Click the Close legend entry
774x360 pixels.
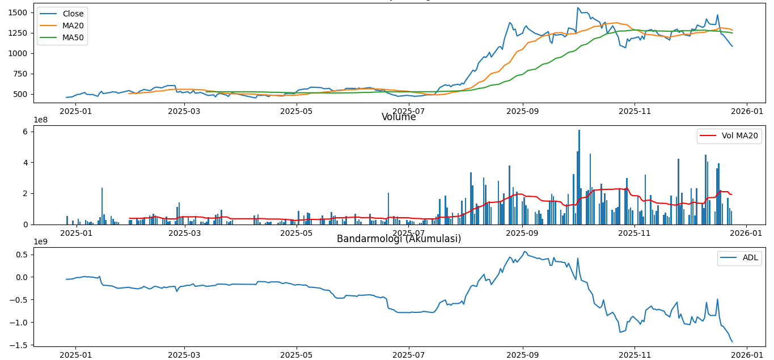click(73, 14)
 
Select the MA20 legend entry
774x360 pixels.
click(73, 26)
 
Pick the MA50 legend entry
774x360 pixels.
click(73, 37)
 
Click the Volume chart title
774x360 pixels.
click(399, 117)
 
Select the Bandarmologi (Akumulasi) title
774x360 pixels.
click(399, 239)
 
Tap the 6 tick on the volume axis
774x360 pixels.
click(26, 132)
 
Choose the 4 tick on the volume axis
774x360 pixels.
click(26, 163)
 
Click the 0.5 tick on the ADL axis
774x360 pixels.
click(23, 254)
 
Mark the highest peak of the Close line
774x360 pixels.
click(577, 8)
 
